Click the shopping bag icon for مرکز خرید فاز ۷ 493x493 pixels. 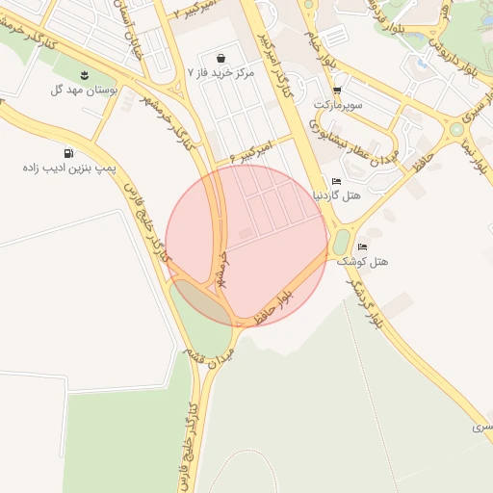coord(222,58)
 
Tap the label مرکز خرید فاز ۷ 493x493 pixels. coord(223,72)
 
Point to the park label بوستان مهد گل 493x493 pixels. coord(84,90)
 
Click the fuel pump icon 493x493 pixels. coord(68,153)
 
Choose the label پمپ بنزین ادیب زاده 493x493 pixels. coord(68,168)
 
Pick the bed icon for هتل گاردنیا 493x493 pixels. coord(336,181)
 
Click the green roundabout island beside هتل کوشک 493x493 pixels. coord(341,241)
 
